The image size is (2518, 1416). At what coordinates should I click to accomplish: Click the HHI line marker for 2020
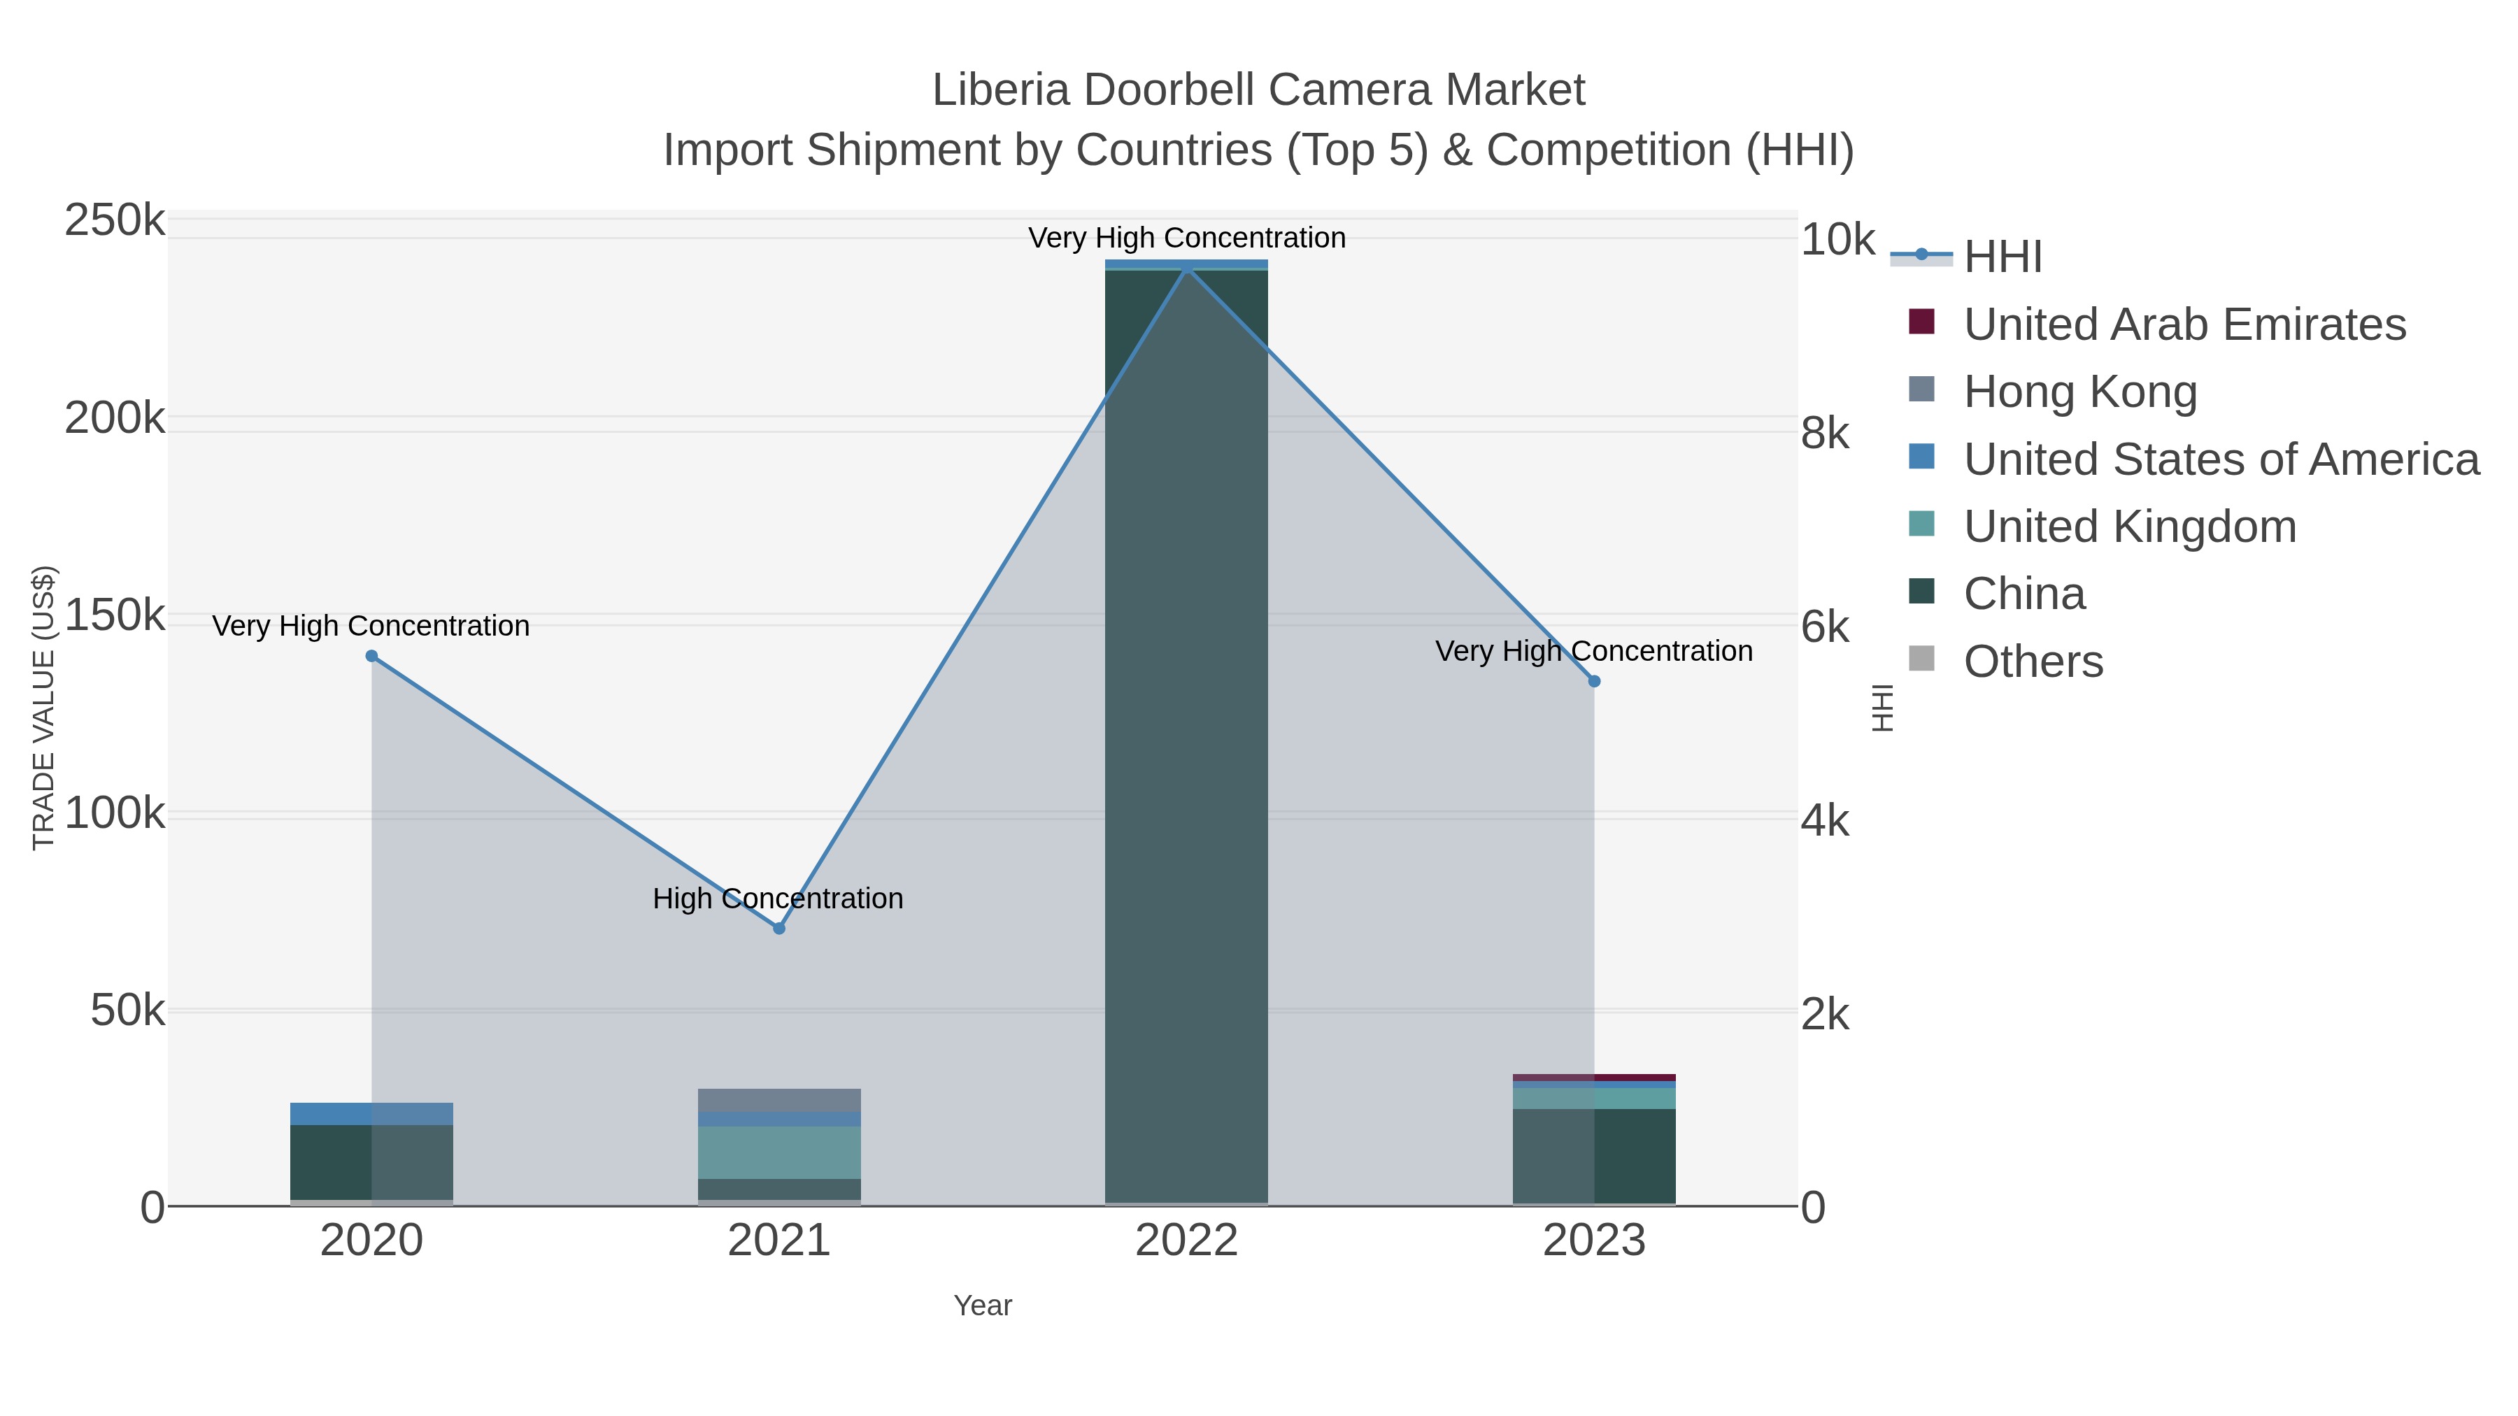[x=371, y=656]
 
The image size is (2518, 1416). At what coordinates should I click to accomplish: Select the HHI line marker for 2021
[x=779, y=927]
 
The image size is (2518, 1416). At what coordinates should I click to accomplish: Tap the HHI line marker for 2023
[x=1594, y=681]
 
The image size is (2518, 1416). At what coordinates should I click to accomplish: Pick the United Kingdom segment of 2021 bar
[x=779, y=1152]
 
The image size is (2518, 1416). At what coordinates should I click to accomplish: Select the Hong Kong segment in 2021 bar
[x=779, y=1099]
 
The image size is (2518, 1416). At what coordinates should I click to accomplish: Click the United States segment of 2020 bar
[x=371, y=1113]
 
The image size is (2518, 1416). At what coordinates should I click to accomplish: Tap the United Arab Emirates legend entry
[x=2184, y=324]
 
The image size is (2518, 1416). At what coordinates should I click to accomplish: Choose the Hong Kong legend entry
[x=2080, y=392]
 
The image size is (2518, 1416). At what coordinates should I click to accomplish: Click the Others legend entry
[x=2033, y=661]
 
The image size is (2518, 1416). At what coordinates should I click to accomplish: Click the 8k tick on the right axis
[x=1825, y=433]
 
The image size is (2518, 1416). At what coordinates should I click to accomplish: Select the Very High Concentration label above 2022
[x=1187, y=238]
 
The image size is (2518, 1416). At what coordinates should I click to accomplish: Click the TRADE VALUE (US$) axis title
[x=44, y=708]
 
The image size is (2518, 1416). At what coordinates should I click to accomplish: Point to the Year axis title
[x=983, y=1305]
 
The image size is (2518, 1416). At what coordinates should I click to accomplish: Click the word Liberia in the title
[x=1001, y=90]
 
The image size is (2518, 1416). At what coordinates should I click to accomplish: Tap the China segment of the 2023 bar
[x=1594, y=1155]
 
